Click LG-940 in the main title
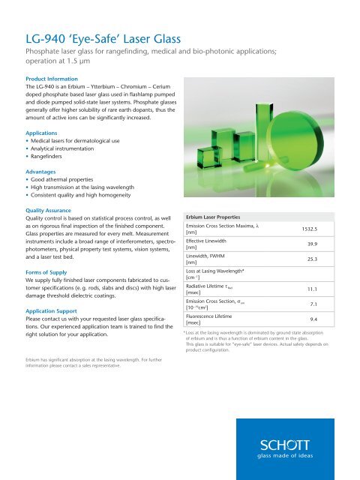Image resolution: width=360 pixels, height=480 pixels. (x=49, y=31)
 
